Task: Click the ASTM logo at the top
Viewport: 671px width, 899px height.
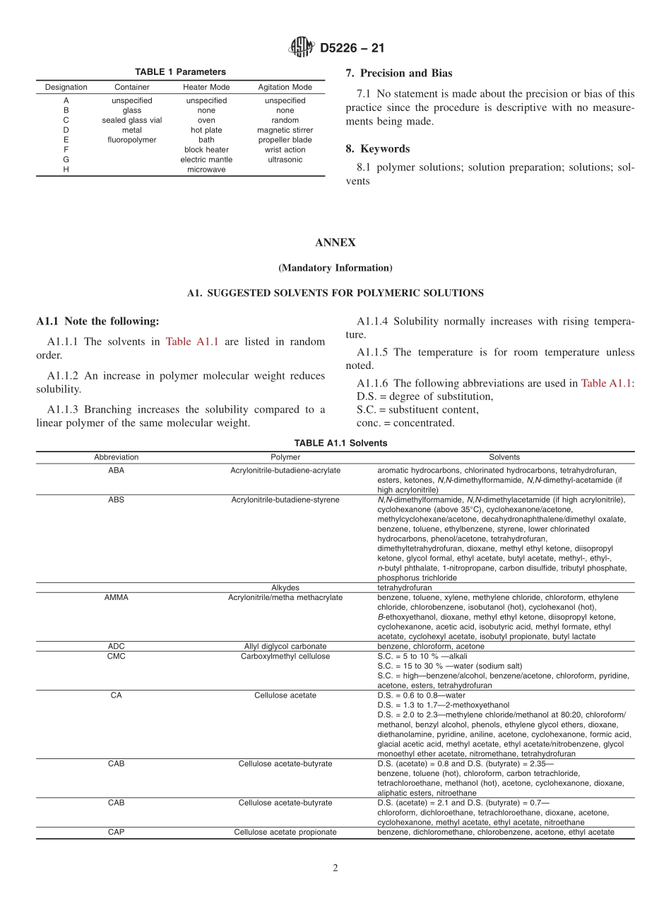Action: pos(302,48)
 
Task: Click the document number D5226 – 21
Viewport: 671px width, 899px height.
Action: pos(352,49)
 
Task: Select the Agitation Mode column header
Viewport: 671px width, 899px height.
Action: pos(285,87)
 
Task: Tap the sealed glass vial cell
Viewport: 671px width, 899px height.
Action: pos(131,120)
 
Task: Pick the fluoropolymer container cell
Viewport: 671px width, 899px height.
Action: pos(131,140)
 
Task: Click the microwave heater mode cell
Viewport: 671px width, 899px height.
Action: pos(206,170)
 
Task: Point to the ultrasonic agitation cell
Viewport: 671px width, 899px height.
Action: pos(285,160)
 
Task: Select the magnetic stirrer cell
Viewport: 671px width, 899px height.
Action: pos(285,130)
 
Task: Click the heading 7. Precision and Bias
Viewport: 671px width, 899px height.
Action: pos(399,73)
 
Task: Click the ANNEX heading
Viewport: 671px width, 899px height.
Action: pos(335,242)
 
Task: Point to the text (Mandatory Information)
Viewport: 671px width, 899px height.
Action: pos(335,268)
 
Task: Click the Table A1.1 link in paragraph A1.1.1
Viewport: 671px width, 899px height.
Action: pos(191,341)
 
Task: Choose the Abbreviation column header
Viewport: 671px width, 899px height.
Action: pos(117,457)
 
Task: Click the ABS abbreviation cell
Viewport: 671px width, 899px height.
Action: pos(117,500)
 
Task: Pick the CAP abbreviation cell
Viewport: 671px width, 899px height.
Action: pos(117,832)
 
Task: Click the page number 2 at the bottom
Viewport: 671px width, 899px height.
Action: pos(335,868)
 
